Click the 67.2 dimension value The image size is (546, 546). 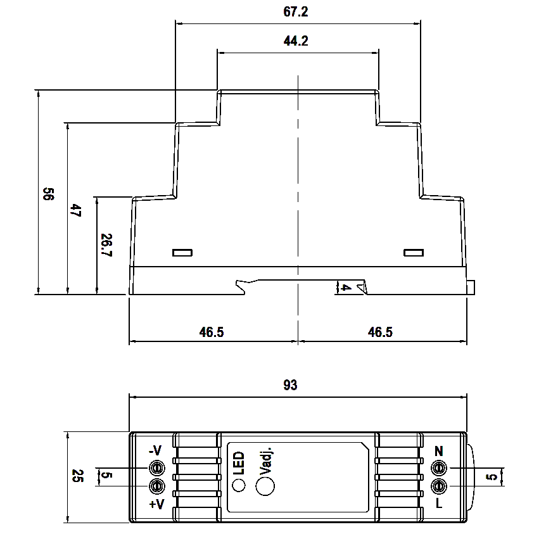click(297, 12)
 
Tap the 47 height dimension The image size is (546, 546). click(75, 211)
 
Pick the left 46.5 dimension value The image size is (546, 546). click(212, 332)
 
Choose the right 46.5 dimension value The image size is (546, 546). click(380, 332)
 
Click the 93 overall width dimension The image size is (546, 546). click(290, 385)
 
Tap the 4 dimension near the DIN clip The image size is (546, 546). click(346, 288)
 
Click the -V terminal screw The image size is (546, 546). click(156, 468)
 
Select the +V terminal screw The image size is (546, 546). click(156, 486)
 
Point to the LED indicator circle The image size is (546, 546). click(239, 486)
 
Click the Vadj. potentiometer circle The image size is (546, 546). click(265, 486)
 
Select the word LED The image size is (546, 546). click(239, 463)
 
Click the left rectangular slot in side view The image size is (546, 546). click(182, 253)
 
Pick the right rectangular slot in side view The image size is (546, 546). click(414, 253)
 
